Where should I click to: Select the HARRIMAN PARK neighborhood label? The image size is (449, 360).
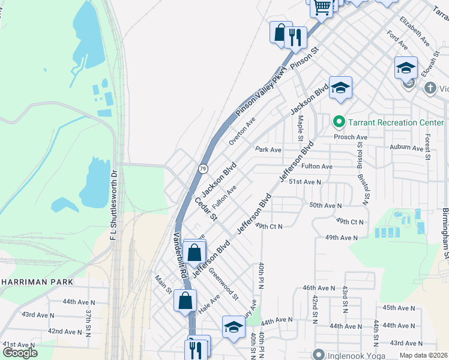coord(37,282)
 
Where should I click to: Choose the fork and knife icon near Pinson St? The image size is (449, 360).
coord(295,38)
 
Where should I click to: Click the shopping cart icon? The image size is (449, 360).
coord(322,7)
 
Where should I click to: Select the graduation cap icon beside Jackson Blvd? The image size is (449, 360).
coord(340,89)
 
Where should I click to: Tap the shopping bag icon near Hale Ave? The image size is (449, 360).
coord(185,300)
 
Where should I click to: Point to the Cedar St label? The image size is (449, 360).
coord(206,208)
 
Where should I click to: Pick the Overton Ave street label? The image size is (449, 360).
coord(243,131)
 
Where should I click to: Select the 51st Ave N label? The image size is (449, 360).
coord(305,181)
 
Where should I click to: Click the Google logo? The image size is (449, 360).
coord(20,352)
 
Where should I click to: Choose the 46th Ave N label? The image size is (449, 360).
coord(319,288)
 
